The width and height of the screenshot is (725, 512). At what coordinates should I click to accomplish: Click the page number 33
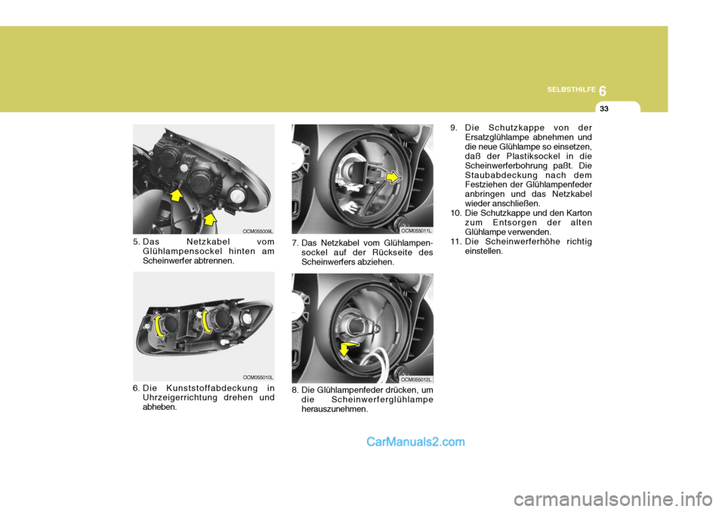click(603, 109)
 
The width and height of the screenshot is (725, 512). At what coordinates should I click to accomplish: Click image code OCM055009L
click(258, 231)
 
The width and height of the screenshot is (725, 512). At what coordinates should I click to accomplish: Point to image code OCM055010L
click(258, 376)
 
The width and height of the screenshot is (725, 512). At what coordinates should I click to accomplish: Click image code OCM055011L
click(416, 231)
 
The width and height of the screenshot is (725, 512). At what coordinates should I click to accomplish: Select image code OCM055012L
click(416, 379)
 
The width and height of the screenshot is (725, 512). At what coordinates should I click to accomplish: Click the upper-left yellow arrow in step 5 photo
click(176, 198)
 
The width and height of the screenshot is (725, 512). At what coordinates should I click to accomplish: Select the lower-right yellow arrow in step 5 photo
click(209, 220)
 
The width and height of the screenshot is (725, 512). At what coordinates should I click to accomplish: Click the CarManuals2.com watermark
click(415, 443)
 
